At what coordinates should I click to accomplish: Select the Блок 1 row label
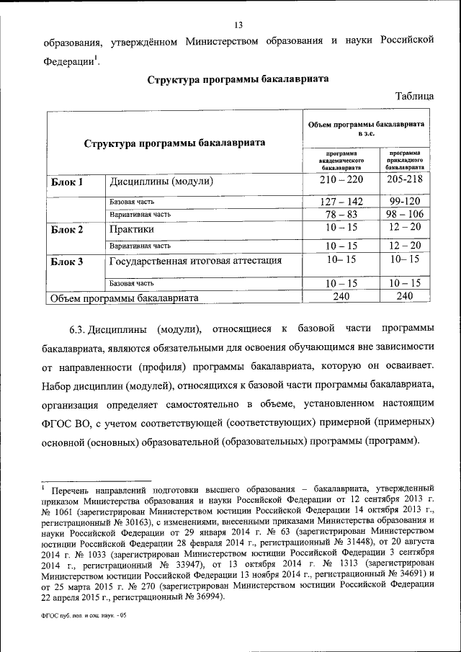coord(67,183)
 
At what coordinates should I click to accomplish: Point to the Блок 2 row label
coord(67,231)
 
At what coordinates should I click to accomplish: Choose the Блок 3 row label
coord(67,262)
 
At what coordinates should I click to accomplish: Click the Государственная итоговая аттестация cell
coord(195,261)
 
